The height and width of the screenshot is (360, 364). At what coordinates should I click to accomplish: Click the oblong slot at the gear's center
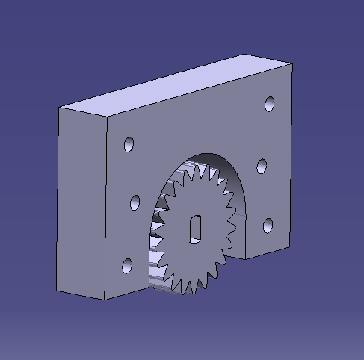[x=195, y=227]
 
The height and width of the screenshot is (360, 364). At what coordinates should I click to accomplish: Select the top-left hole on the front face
[x=129, y=143]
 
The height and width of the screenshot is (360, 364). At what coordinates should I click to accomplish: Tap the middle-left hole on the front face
[x=135, y=202]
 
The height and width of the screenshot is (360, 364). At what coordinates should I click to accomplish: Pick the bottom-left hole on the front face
[x=127, y=264]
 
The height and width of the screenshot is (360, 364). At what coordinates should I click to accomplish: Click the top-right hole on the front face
[x=270, y=104]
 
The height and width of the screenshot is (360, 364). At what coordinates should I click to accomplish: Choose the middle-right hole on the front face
[x=262, y=166]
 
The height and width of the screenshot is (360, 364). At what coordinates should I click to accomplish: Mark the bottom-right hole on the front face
[x=268, y=225]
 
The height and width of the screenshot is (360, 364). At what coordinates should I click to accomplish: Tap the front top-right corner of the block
[x=291, y=64]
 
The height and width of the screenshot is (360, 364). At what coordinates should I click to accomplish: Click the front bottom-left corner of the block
[x=104, y=300]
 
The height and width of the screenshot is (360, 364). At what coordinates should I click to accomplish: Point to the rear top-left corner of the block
[x=60, y=108]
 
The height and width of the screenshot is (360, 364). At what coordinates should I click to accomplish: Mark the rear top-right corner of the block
[x=247, y=55]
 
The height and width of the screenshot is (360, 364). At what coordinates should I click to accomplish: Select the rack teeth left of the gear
[x=158, y=239]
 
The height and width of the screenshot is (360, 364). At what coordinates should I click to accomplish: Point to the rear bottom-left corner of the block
[x=58, y=291]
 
